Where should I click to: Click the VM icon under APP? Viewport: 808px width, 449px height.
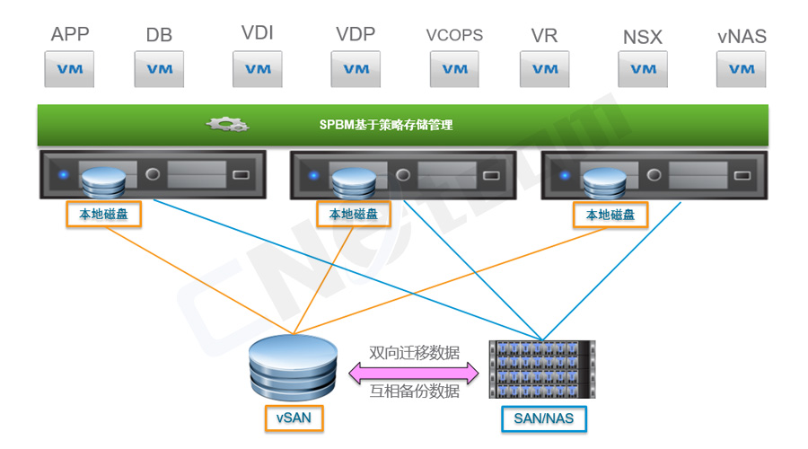(70, 69)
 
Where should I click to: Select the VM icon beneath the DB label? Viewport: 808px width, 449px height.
(159, 69)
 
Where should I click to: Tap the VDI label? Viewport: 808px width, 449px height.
(258, 33)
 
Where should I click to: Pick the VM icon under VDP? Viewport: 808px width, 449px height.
(356, 69)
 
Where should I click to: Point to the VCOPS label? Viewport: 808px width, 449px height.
(454, 35)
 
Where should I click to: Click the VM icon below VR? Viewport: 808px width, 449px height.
(544, 69)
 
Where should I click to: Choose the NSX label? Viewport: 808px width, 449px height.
(643, 38)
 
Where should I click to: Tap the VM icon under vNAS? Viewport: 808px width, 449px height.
(742, 69)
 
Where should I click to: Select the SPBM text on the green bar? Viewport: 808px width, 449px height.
(386, 125)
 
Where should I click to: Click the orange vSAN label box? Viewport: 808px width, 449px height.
(294, 418)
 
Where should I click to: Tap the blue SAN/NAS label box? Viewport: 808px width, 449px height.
(543, 418)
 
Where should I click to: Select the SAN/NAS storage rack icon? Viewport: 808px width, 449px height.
(542, 369)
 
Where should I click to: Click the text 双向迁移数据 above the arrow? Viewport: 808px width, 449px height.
(415, 352)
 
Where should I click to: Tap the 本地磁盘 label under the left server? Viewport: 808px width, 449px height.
(103, 214)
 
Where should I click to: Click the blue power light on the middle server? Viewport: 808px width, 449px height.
(312, 174)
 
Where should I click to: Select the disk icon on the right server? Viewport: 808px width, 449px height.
(602, 183)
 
